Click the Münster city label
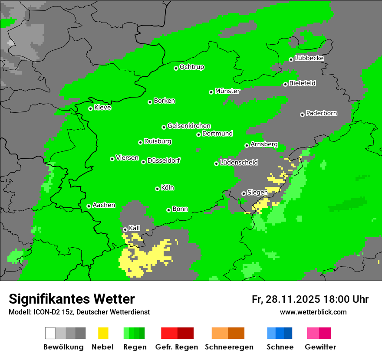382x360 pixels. (227, 91)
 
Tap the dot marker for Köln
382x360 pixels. (157, 189)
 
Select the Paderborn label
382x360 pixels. (322, 114)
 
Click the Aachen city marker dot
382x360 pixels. (89, 206)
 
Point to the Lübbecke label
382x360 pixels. (310, 58)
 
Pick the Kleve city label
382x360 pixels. (102, 108)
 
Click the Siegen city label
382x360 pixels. (257, 193)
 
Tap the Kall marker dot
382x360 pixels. (125, 229)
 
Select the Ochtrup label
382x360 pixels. (192, 67)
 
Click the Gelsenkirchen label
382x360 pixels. (189, 126)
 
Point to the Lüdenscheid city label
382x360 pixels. (239, 163)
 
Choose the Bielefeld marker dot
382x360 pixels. (285, 84)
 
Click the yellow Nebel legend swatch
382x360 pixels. (103, 333)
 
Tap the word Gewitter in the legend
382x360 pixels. (320, 347)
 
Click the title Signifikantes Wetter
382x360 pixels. (72, 299)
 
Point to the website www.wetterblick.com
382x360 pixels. (313, 312)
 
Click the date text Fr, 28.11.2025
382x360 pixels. (286, 299)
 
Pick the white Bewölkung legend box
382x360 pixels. (50, 333)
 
